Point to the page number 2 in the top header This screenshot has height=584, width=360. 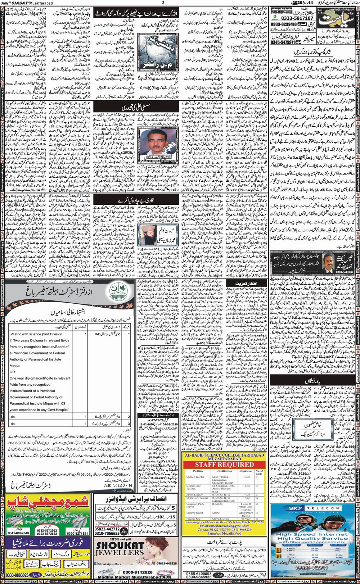163,3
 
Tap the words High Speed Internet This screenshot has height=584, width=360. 312,534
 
